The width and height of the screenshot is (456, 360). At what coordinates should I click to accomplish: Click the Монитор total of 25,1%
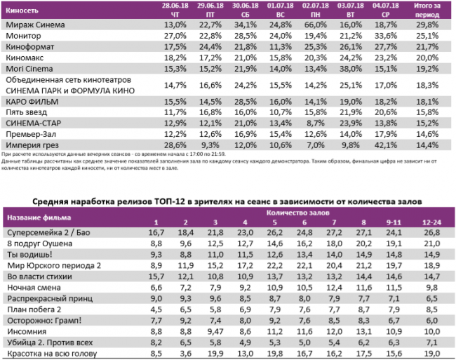point(429,35)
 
